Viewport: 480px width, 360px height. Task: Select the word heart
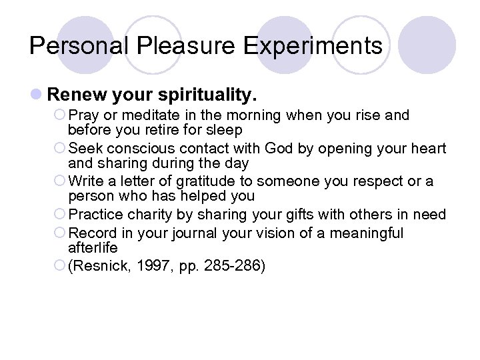[428, 148]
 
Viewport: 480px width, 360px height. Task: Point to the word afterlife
[93, 247]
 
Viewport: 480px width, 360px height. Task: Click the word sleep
[224, 129]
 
